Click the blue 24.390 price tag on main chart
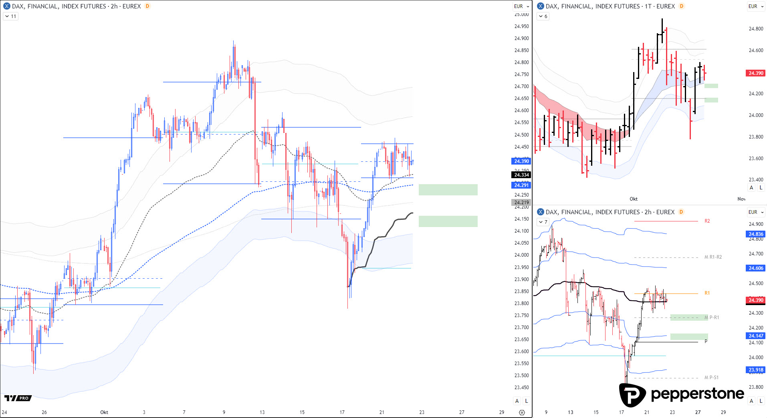(x=521, y=161)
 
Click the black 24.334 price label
(x=521, y=175)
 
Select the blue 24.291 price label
(x=521, y=185)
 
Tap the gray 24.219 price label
(x=521, y=202)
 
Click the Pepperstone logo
(x=681, y=394)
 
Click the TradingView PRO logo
(x=18, y=398)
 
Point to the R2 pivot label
(x=707, y=221)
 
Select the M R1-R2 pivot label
(x=713, y=257)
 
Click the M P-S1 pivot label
(x=711, y=378)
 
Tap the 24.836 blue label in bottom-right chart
(x=756, y=234)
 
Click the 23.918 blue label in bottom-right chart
(x=756, y=370)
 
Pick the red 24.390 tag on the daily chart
(x=756, y=73)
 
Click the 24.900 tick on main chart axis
(x=521, y=38)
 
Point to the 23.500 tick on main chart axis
(x=521, y=376)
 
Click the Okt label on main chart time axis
(x=104, y=412)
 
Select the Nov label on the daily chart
(x=741, y=199)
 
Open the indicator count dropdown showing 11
(x=11, y=16)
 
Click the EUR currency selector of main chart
(x=521, y=6)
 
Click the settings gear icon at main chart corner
(x=522, y=412)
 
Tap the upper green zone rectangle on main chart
(x=448, y=190)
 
